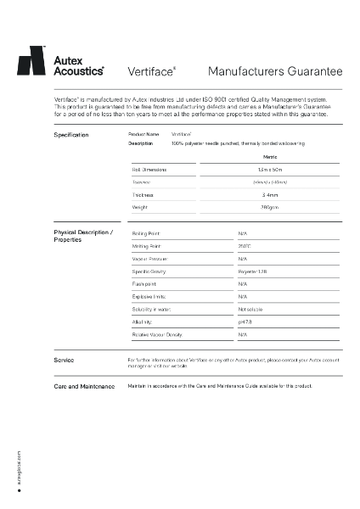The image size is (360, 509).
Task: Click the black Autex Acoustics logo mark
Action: pyautogui.click(x=32, y=62)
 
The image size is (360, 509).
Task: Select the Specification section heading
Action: pyautogui.click(x=71, y=135)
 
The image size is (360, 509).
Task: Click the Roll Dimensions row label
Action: pyautogui.click(x=149, y=170)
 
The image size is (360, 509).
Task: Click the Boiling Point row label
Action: pyautogui.click(x=146, y=232)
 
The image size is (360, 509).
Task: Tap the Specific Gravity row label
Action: pyautogui.click(x=149, y=271)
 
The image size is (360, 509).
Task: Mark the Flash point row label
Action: pyautogui.click(x=144, y=283)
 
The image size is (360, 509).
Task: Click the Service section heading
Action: pyautogui.click(x=64, y=361)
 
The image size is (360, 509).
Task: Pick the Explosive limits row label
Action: pyautogui.click(x=149, y=296)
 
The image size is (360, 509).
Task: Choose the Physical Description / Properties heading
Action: pyautogui.click(x=82, y=236)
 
